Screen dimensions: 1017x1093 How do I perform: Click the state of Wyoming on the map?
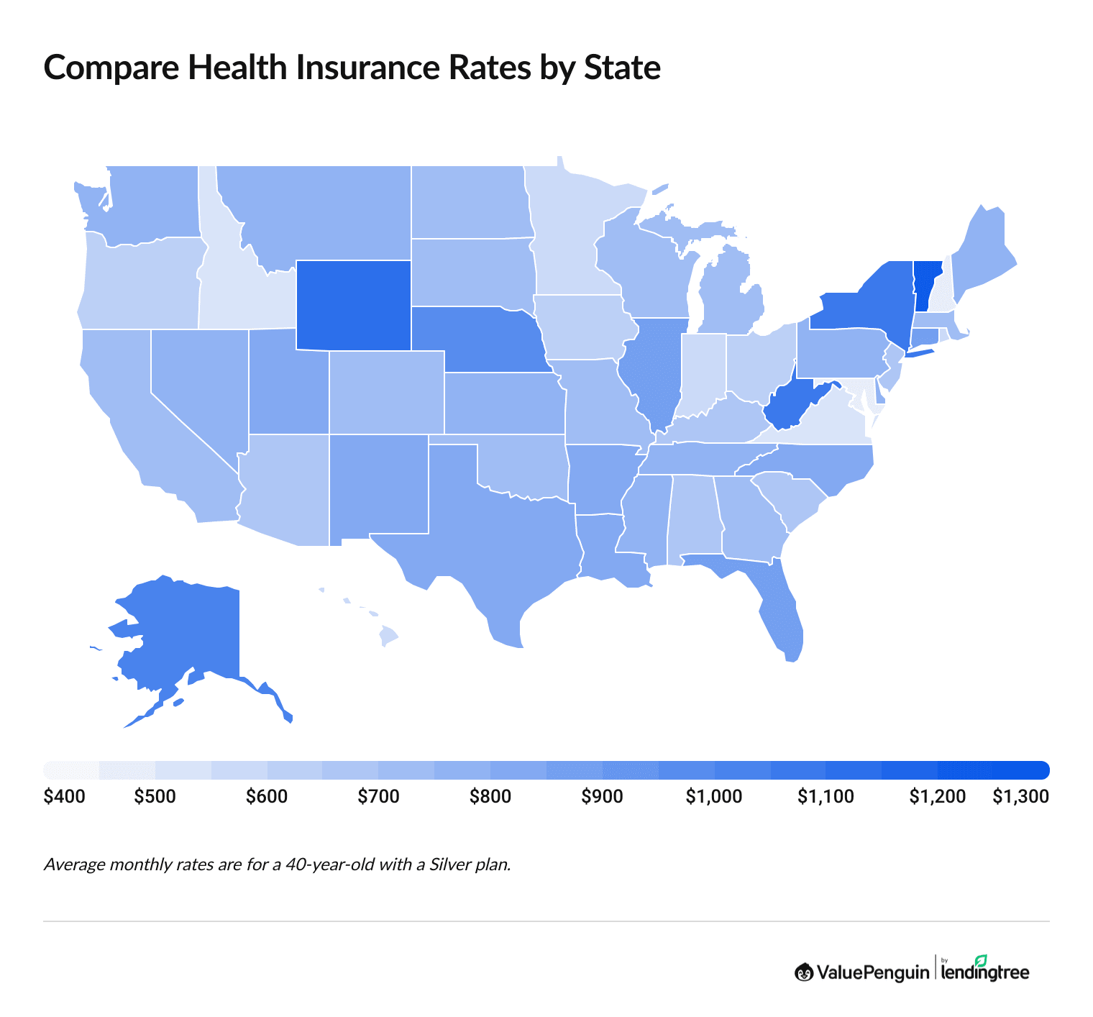point(353,305)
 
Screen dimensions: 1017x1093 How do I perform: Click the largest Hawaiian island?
point(388,636)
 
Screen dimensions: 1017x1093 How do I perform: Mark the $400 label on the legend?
point(64,797)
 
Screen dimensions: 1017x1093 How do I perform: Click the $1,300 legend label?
point(1020,797)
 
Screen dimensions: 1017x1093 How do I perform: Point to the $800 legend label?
point(490,797)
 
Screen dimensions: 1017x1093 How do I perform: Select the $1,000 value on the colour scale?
point(714,797)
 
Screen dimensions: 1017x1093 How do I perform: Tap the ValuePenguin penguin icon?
point(803,972)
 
